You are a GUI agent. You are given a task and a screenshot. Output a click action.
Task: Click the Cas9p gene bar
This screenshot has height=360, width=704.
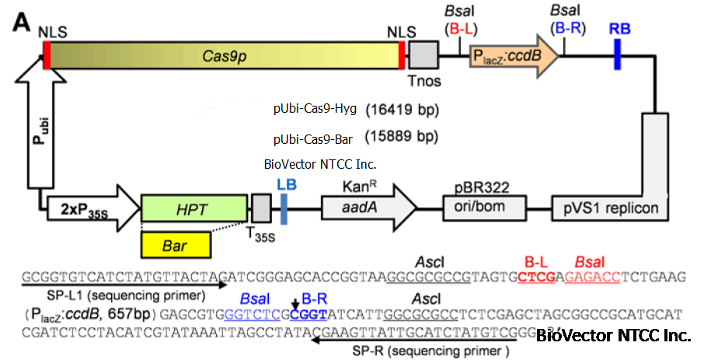[224, 56]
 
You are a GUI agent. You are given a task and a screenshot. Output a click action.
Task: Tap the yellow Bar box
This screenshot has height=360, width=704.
[175, 244]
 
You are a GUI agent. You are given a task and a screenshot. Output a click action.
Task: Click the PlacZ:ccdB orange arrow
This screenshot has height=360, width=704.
[514, 56]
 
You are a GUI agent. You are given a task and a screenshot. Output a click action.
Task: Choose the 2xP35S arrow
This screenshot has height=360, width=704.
[89, 208]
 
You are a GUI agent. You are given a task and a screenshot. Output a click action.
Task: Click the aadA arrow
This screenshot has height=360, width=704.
[368, 208]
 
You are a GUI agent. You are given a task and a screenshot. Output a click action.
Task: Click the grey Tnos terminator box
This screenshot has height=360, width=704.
[423, 56]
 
